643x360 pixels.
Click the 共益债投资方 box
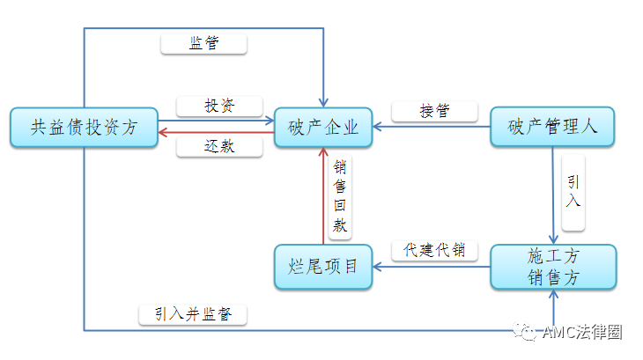click(84, 128)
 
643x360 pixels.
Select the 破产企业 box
click(323, 128)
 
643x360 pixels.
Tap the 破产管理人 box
click(552, 128)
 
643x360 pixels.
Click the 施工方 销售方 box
click(552, 267)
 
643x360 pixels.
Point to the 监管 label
click(205, 43)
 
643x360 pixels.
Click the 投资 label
click(219, 106)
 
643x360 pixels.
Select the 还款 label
click(219, 147)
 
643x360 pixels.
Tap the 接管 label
click(434, 111)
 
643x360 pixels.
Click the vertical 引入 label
click(573, 191)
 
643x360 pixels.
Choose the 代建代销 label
click(434, 250)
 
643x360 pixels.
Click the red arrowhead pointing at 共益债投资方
click(164, 134)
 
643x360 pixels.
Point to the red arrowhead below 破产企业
click(323, 154)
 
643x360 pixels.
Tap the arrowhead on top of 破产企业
click(323, 102)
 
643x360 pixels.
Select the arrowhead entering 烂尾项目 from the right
click(375, 267)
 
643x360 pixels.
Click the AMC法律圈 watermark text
click(582, 333)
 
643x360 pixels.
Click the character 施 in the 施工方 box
click(536, 257)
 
